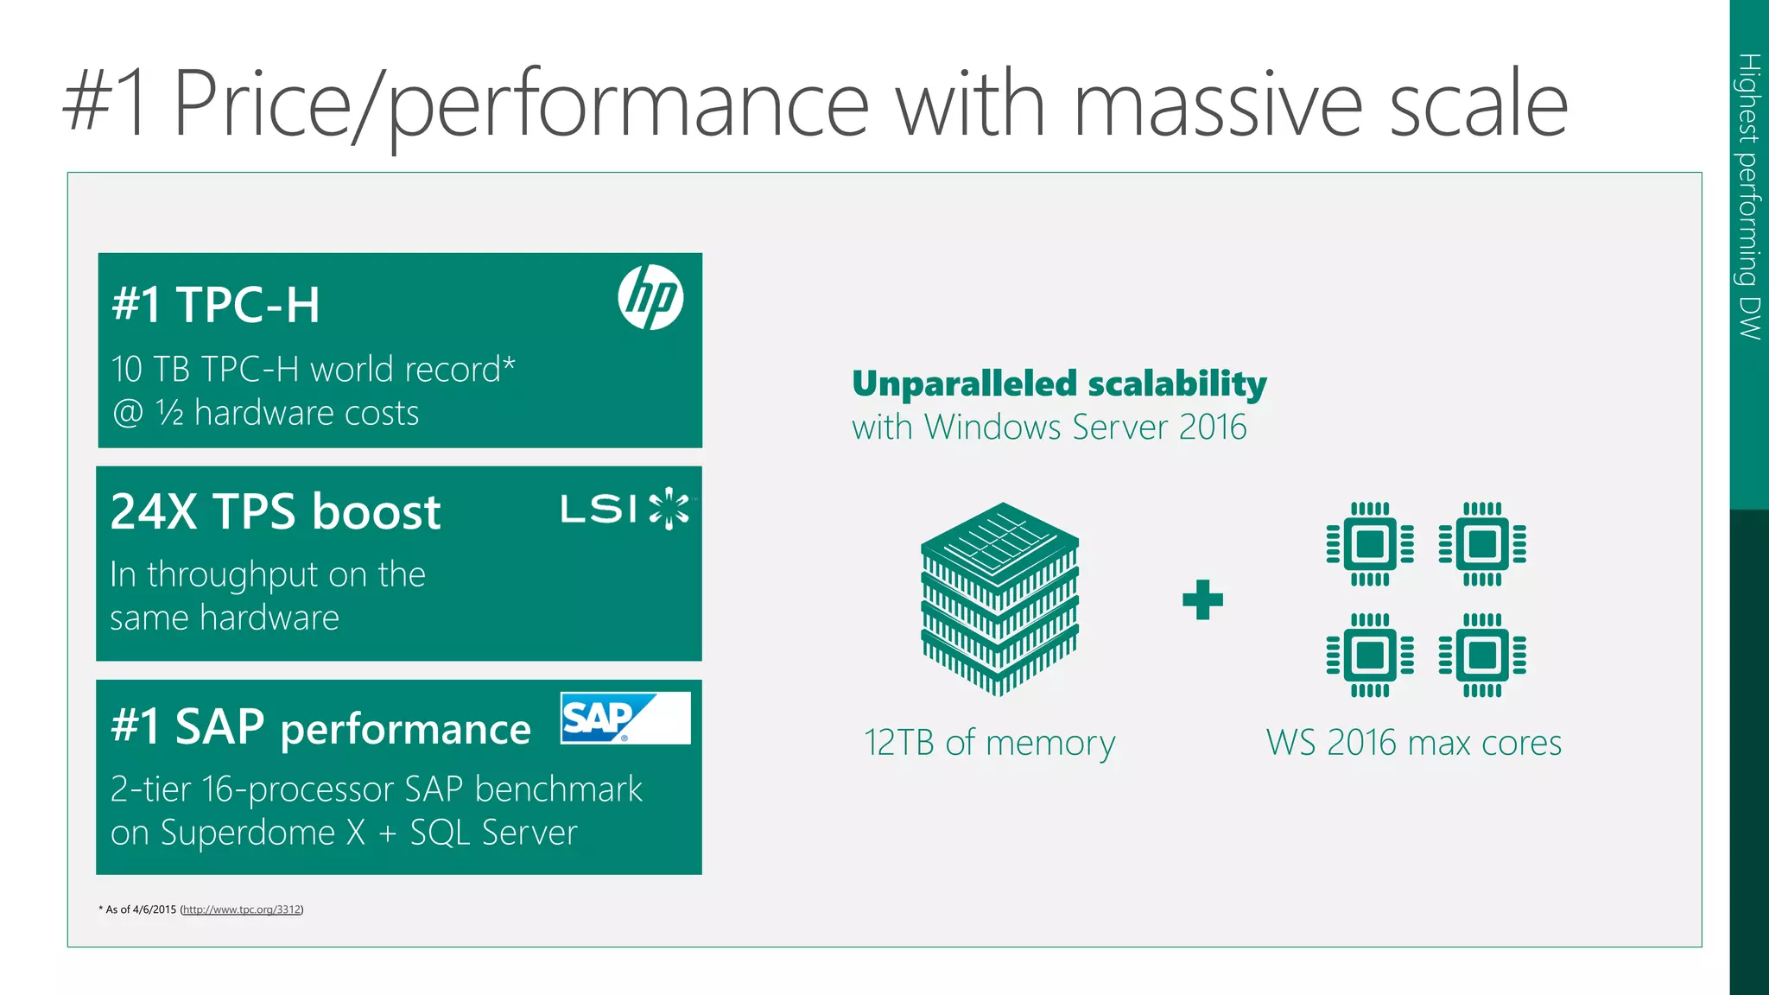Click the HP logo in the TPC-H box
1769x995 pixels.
(x=650, y=297)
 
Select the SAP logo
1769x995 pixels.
(x=625, y=718)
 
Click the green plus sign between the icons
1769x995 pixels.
(x=1202, y=599)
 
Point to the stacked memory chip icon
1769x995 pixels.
(x=999, y=598)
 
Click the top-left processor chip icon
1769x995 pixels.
(x=1370, y=544)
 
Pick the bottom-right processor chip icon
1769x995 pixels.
(x=1482, y=656)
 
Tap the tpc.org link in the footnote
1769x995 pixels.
(x=242, y=909)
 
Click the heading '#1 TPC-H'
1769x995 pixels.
(x=216, y=305)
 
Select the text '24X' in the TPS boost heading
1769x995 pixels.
(x=154, y=511)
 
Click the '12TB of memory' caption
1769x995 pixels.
(x=989, y=743)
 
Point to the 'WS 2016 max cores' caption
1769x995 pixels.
(x=1413, y=743)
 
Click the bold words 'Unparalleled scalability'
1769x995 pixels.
(x=1059, y=383)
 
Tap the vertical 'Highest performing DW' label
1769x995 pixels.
(x=1749, y=196)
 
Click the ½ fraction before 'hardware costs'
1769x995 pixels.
(x=170, y=413)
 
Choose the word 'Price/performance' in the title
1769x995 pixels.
(x=520, y=104)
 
